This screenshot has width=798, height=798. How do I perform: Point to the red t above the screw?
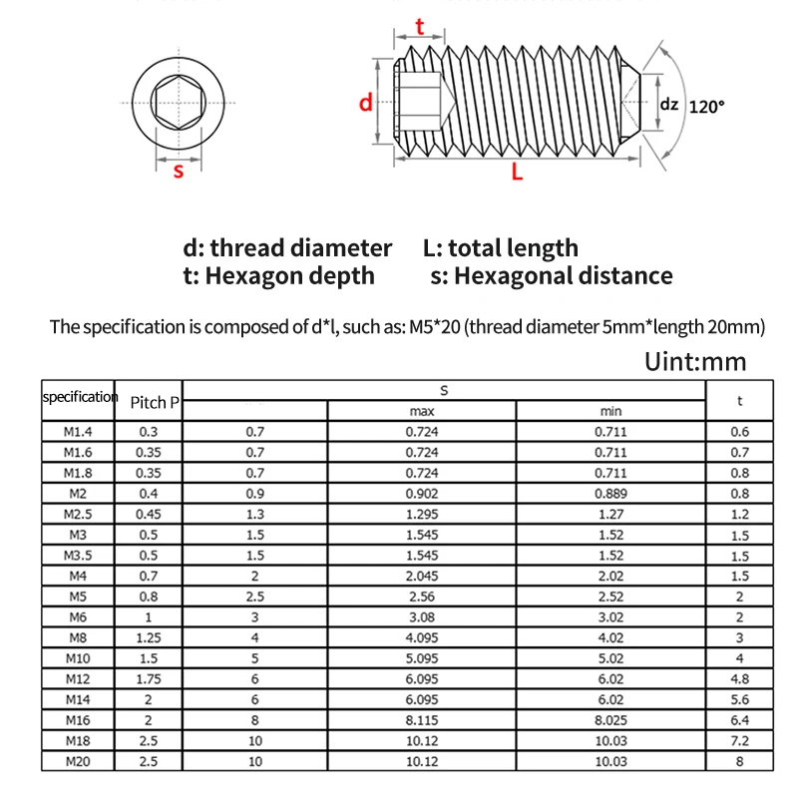(420, 27)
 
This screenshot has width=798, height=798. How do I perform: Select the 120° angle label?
(706, 106)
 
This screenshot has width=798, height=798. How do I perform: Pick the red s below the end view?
(179, 170)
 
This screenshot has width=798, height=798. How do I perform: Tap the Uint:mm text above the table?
(695, 361)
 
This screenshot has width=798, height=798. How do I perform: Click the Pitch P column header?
(155, 403)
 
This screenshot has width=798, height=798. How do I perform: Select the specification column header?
(80, 397)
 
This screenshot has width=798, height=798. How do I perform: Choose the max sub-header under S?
(421, 411)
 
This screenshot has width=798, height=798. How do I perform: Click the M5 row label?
(79, 598)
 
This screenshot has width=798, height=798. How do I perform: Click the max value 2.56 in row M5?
(421, 598)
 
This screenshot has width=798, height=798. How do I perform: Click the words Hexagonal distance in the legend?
(563, 276)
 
